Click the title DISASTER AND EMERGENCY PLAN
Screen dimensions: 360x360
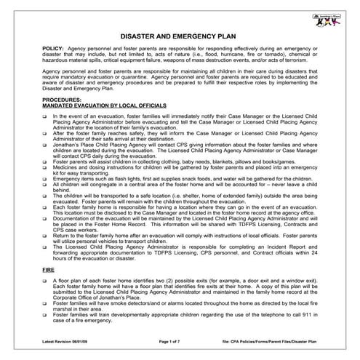coord(180,33)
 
